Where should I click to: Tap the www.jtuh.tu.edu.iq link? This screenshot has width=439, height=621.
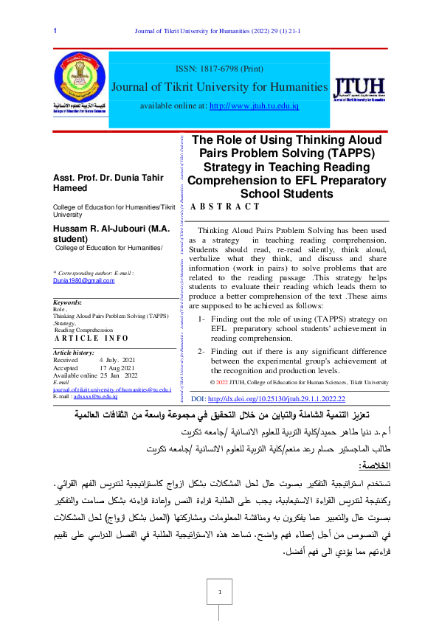click(x=254, y=106)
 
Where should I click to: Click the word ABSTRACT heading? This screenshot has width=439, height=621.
click(x=221, y=208)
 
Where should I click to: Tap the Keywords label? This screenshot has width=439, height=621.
click(x=68, y=303)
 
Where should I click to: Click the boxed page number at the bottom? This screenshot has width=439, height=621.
click(x=219, y=591)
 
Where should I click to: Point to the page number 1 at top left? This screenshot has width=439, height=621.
click(x=56, y=31)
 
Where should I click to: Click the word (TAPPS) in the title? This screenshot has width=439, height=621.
click(x=353, y=153)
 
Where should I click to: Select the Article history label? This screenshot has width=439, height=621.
click(x=74, y=353)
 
